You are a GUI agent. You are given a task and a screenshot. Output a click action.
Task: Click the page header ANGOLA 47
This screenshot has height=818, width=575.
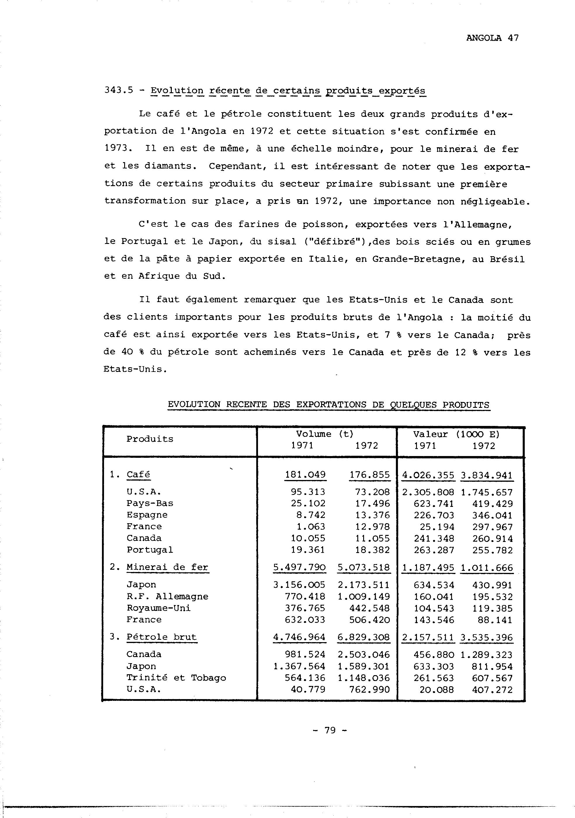click(492, 38)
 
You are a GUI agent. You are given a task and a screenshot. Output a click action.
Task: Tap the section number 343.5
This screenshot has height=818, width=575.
click(118, 90)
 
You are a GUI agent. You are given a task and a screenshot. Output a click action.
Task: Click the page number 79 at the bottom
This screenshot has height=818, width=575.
click(330, 730)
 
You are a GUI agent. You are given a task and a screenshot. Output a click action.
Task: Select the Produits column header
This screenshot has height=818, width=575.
click(150, 439)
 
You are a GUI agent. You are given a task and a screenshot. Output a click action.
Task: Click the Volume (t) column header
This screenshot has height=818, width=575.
click(324, 434)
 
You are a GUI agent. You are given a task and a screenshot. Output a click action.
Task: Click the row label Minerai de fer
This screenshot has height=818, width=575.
click(167, 567)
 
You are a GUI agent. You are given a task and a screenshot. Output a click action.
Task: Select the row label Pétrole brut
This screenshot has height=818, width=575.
click(161, 637)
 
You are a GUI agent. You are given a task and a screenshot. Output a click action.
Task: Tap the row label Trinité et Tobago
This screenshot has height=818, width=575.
click(176, 678)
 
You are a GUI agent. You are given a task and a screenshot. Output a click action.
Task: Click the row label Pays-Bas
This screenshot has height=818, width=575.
click(150, 503)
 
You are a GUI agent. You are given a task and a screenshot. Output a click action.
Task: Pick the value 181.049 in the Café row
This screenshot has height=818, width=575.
click(305, 475)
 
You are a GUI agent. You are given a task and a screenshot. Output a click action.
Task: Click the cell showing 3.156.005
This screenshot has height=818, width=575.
click(299, 585)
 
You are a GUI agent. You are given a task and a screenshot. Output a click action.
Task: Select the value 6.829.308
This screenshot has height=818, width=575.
click(364, 637)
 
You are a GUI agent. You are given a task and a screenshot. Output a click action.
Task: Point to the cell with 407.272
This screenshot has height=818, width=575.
click(492, 690)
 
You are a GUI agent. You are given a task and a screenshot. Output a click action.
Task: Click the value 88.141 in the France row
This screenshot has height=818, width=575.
click(495, 620)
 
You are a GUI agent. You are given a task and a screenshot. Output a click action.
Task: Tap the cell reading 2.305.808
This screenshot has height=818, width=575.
click(428, 492)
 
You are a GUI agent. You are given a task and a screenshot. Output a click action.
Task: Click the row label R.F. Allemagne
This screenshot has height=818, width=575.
click(167, 596)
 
